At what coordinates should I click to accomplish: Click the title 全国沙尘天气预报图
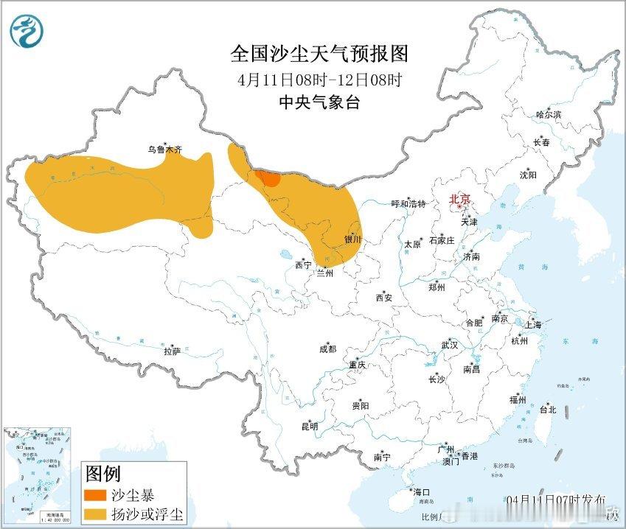(319, 54)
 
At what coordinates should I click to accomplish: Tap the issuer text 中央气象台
(319, 103)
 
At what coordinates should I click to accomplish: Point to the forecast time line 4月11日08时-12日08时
(319, 79)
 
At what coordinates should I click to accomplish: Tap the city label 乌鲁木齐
(164, 150)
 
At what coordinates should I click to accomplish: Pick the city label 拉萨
(173, 351)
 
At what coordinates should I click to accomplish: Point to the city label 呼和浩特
(408, 204)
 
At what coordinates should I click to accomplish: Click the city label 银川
(352, 239)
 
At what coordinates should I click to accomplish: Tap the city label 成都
(327, 349)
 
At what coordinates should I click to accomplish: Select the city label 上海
(532, 325)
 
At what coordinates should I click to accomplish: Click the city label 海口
(421, 492)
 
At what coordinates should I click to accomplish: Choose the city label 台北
(548, 409)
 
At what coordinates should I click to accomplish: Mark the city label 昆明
(309, 427)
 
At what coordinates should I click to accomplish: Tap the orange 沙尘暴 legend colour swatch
(97, 494)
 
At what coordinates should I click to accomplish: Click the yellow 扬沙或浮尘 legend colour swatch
(97, 512)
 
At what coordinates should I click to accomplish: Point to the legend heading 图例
(102, 473)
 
